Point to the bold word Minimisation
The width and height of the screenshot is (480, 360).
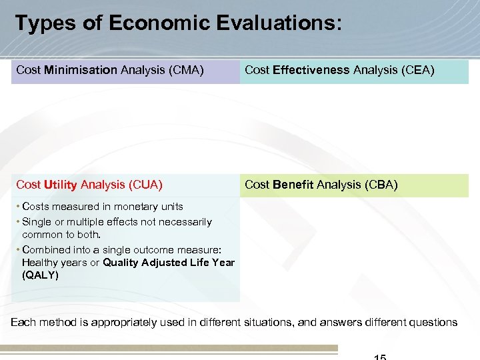(x=81, y=70)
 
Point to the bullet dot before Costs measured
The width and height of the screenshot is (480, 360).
(x=18, y=207)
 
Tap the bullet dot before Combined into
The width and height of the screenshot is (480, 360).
(x=18, y=249)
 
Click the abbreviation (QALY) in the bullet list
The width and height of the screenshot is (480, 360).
(x=40, y=275)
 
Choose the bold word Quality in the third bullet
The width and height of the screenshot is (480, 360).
(x=121, y=263)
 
